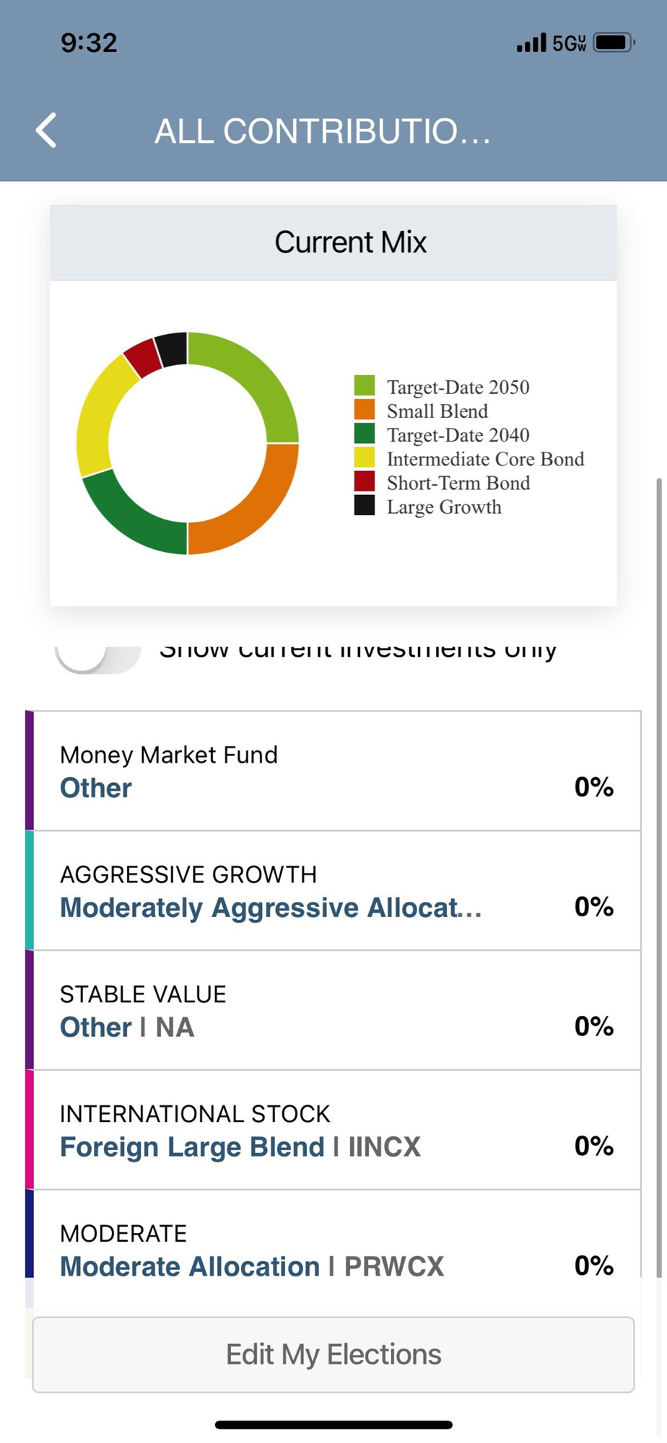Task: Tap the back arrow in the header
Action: tap(47, 131)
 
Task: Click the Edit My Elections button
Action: tap(333, 1354)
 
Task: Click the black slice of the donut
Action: tap(172, 348)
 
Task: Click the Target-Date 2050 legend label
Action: tap(458, 387)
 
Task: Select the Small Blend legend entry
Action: tap(437, 411)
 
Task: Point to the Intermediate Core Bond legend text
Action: tap(485, 460)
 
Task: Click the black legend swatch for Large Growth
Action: tap(365, 506)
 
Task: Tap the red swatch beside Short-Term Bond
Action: tap(365, 481)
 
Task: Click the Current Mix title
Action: tap(350, 242)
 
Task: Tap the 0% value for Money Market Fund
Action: tap(593, 787)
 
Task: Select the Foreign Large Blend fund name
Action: tap(192, 1147)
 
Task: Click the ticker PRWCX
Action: tap(394, 1266)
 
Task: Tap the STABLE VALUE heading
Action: tap(143, 994)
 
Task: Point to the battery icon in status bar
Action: tap(613, 43)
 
